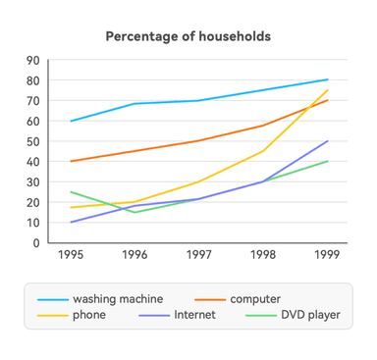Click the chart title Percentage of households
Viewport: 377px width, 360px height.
(x=188, y=36)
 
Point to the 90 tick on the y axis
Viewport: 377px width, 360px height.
(x=33, y=60)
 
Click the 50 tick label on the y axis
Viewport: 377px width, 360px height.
(x=33, y=141)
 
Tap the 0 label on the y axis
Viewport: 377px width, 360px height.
(x=36, y=243)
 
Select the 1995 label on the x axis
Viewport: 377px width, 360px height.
(x=71, y=254)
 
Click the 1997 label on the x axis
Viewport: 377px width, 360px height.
(x=198, y=254)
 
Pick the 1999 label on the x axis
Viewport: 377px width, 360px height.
(x=327, y=254)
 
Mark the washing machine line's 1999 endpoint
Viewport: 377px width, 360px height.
(x=327, y=79)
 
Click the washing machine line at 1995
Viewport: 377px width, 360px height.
(x=71, y=121)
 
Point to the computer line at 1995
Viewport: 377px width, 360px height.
(x=71, y=162)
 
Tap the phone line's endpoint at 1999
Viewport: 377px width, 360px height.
(x=327, y=90)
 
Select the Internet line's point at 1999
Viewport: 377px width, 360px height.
(x=327, y=141)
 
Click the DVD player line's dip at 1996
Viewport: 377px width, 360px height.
(x=135, y=212)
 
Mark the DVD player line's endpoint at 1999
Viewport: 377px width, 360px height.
(x=327, y=162)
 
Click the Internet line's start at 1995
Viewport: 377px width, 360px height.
(x=71, y=223)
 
